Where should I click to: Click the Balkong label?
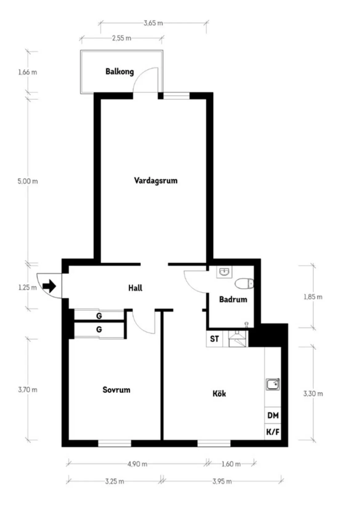[119, 71]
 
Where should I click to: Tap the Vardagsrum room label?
[156, 180]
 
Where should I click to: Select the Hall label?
[135, 288]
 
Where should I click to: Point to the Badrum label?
[233, 299]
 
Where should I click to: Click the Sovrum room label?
[116, 390]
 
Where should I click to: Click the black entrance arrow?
[50, 286]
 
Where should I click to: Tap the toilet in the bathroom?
[244, 284]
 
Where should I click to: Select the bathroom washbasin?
[224, 272]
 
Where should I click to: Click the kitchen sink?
[273, 384]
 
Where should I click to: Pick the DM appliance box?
[273, 415]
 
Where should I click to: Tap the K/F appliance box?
[273, 432]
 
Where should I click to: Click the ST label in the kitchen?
[214, 339]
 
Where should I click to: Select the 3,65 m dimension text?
[153, 23]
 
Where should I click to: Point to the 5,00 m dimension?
[28, 181]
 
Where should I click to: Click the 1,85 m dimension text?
[313, 297]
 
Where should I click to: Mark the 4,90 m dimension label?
[137, 464]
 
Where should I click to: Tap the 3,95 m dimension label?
[222, 481]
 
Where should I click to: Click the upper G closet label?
[99, 316]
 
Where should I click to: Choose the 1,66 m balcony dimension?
[27, 72]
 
